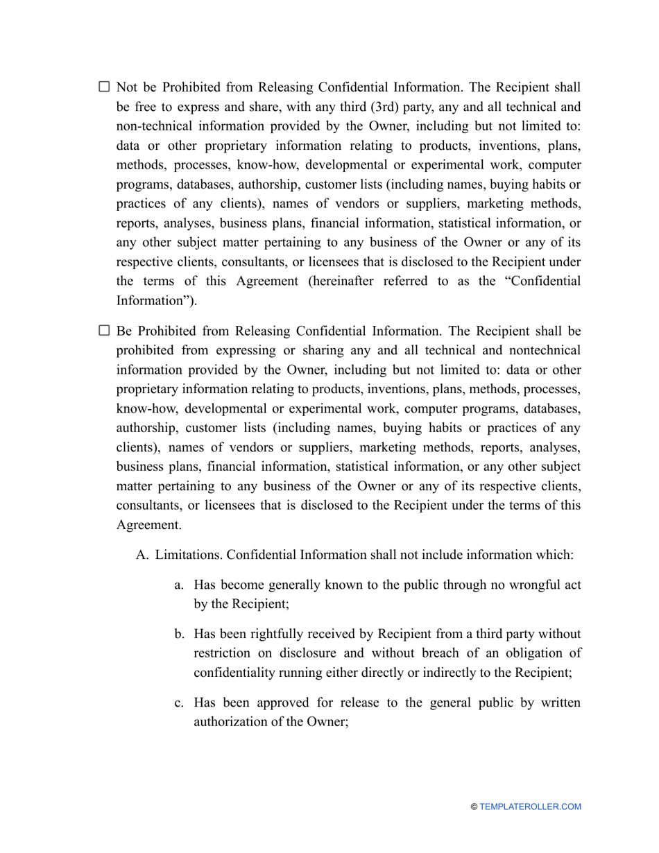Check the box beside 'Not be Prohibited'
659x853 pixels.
[x=104, y=87]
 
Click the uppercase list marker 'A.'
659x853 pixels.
[x=143, y=555]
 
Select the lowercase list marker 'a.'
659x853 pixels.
[x=179, y=585]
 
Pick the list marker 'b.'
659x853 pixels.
[x=179, y=634]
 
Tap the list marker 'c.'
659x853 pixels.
[x=179, y=703]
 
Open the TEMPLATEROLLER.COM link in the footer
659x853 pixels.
[x=530, y=807]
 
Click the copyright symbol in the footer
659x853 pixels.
[x=474, y=807]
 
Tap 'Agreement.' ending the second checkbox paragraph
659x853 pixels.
[x=148, y=525]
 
